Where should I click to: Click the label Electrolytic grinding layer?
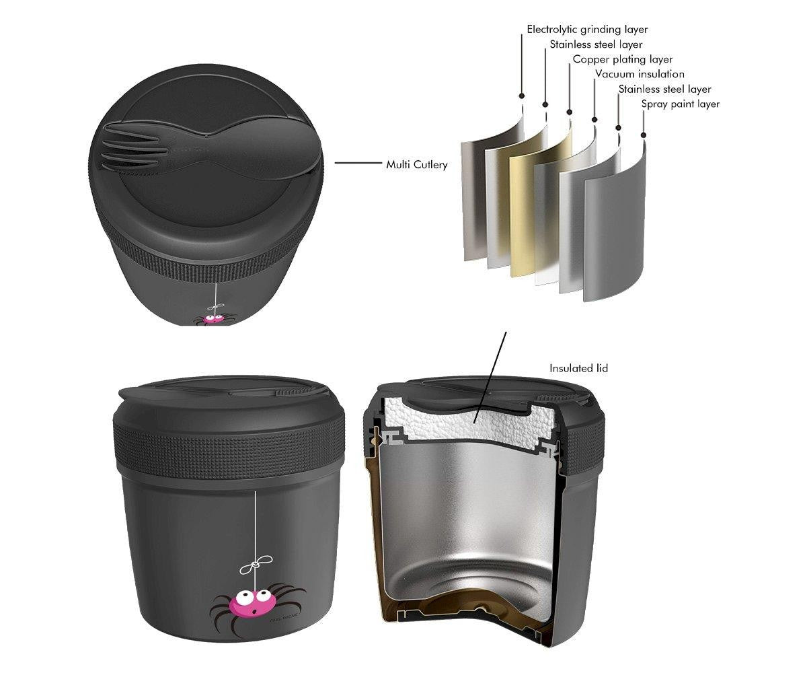point(587,30)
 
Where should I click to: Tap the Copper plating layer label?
point(623,59)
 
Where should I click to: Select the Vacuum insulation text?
point(640,74)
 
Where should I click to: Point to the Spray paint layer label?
point(680,104)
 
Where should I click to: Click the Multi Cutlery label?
point(417,165)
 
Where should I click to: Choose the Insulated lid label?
point(578,368)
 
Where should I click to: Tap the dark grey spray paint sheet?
point(615,221)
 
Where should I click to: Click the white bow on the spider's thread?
point(256,565)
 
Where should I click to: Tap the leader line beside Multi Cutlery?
point(358,163)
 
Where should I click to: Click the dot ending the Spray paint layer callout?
point(644,135)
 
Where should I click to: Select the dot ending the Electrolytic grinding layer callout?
point(522,96)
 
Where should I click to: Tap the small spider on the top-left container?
point(213,319)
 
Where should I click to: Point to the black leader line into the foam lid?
point(491,376)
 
